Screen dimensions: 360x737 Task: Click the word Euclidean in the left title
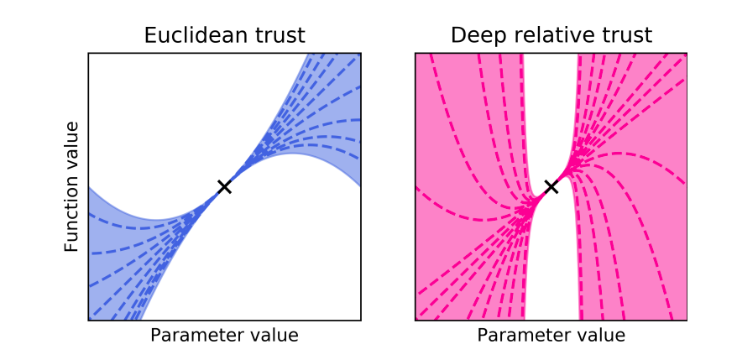pos(191,35)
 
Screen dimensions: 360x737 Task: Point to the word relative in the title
pos(550,35)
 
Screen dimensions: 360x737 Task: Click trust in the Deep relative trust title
pos(623,35)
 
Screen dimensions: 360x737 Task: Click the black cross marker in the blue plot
pos(224,186)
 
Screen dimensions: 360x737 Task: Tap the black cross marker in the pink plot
pos(551,186)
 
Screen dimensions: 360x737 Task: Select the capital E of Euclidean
pos(150,35)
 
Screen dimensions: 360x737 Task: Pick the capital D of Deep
pos(458,35)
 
